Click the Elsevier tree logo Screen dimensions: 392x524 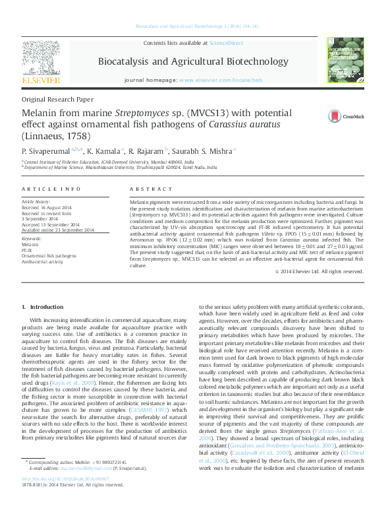[x=42, y=61]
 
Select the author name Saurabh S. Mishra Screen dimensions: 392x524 [x=205, y=150]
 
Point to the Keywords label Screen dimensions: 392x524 [x=32, y=239]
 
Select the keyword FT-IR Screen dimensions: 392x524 [x=26, y=249]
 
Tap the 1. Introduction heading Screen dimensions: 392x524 [x=43, y=308]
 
